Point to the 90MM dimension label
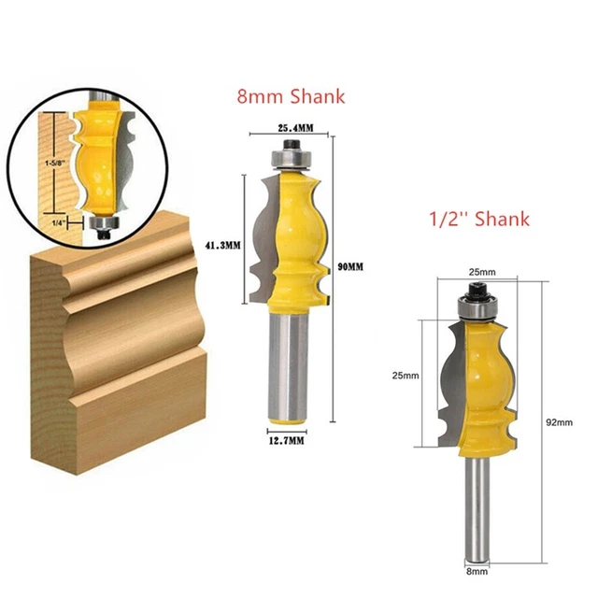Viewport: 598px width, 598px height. tap(351, 266)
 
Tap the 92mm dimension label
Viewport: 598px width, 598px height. tap(558, 423)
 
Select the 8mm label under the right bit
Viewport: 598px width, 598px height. tap(477, 569)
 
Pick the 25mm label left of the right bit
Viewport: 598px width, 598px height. tap(406, 375)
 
